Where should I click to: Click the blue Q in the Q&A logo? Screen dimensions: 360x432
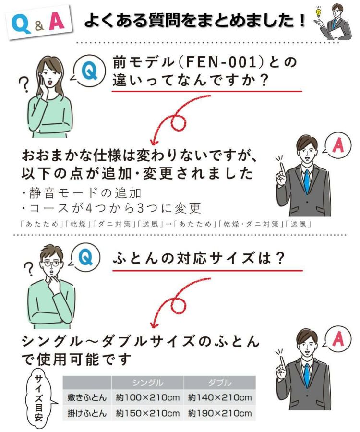21,24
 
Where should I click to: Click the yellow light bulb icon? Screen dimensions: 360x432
319,12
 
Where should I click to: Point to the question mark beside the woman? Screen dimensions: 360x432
24,84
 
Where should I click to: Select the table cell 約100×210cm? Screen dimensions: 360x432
148,397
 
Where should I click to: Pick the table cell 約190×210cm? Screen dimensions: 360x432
220,413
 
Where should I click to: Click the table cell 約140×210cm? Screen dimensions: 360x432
220,397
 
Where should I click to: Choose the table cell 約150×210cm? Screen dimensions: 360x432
148,413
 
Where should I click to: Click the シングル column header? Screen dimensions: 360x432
148,383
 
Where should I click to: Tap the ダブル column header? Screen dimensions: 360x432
220,383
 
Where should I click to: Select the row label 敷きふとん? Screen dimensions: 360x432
87,397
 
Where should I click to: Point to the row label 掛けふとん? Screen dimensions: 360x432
87,413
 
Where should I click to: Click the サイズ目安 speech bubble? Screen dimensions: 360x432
39,398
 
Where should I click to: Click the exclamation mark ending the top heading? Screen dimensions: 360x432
302,20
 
